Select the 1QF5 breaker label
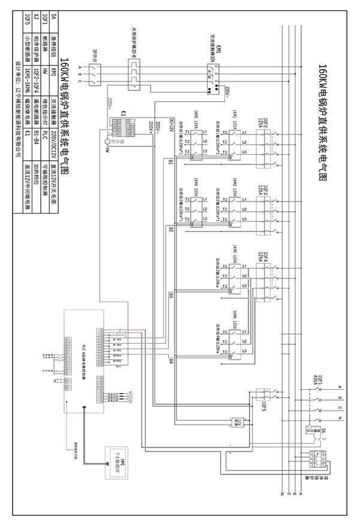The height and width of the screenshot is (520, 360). tap(265, 407)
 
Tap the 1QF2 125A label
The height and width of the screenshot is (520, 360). tap(262, 122)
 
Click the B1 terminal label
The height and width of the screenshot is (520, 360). tap(171, 163)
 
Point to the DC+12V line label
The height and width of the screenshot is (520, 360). tap(172, 125)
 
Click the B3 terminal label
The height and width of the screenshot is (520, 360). tap(171, 295)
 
